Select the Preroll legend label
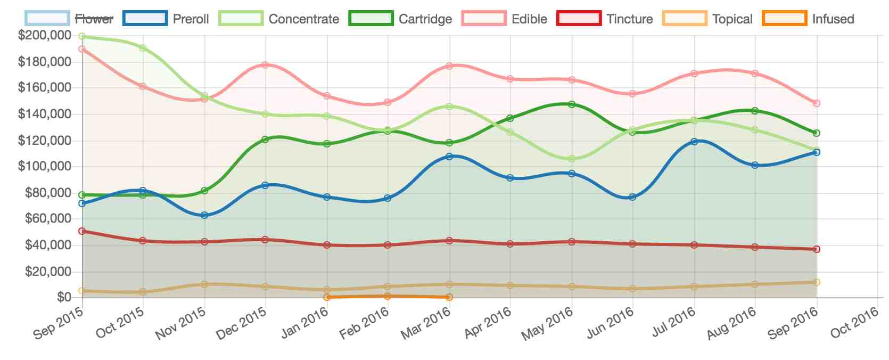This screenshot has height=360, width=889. pyautogui.click(x=191, y=19)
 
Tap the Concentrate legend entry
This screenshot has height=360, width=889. pyautogui.click(x=303, y=19)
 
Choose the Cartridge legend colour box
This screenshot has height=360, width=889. pyautogui.click(x=371, y=19)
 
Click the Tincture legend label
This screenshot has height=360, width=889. pyautogui.click(x=629, y=19)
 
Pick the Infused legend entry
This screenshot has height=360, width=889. pyautogui.click(x=833, y=19)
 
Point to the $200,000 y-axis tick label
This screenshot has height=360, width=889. pyautogui.click(x=45, y=36)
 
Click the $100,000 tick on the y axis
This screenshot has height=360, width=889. pyautogui.click(x=45, y=167)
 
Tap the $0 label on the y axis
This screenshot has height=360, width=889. pyautogui.click(x=64, y=297)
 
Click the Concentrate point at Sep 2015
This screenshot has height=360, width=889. pyautogui.click(x=82, y=37)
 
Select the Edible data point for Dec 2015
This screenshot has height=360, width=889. pyautogui.click(x=265, y=65)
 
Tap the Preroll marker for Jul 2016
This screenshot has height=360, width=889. pyautogui.click(x=694, y=142)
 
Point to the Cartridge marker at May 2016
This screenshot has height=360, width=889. pyautogui.click(x=572, y=104)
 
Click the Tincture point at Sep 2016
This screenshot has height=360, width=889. pyautogui.click(x=817, y=249)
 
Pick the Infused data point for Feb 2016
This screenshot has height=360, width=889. pyautogui.click(x=388, y=296)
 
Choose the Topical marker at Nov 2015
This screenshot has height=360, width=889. pyautogui.click(x=204, y=284)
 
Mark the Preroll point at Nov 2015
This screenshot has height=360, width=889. pyautogui.click(x=204, y=215)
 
